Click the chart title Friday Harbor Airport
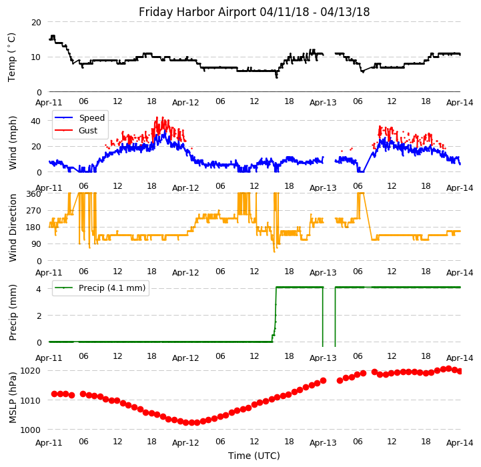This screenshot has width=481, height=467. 254,12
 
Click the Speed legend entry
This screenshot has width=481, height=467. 91,118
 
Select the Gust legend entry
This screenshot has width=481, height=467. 87,130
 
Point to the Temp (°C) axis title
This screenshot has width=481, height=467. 12,57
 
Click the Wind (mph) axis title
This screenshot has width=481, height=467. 13,143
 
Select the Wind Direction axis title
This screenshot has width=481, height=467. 13,227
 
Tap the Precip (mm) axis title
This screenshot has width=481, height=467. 13,312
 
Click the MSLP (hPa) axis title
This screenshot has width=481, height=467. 13,398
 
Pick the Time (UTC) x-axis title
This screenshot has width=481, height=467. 254,456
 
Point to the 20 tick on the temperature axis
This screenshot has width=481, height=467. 36,22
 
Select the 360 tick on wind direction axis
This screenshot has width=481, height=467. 33,194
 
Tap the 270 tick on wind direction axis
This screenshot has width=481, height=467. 33,211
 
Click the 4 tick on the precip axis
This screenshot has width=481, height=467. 39,289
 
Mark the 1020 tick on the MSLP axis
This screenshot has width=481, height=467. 31,371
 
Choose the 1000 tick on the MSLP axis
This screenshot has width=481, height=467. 31,430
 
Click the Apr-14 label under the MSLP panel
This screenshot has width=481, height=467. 460,442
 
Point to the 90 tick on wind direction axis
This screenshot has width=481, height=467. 36,244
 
